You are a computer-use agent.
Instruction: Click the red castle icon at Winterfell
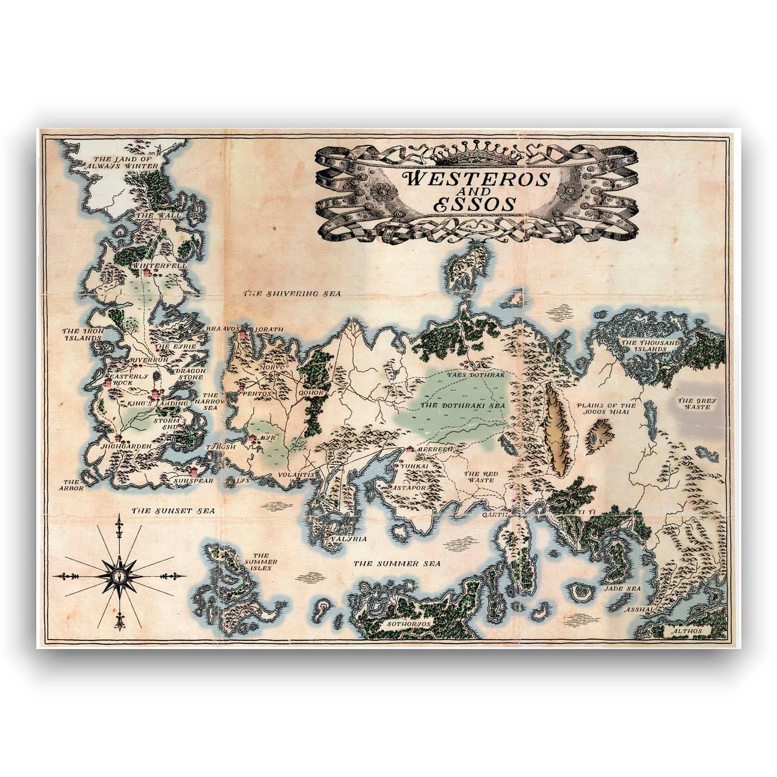147,272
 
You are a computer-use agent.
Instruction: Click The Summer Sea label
396,563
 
